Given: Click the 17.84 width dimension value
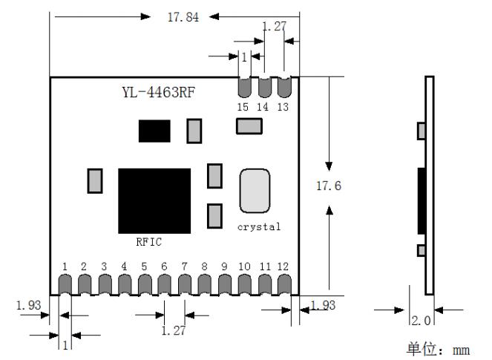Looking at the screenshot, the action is (183, 17).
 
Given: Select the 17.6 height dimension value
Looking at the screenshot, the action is (329, 186).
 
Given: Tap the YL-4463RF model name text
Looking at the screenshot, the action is (159, 92).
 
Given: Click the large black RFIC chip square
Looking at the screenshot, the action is (154, 201).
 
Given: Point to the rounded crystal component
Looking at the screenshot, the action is (255, 191).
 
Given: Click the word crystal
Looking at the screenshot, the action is (259, 227).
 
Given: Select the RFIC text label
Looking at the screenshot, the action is (148, 242).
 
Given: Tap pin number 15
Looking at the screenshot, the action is (243, 107).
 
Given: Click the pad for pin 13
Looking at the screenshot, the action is (284, 87).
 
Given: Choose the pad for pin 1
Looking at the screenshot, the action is (65, 284).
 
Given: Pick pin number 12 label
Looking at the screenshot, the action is (283, 266).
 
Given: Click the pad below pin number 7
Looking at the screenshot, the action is (185, 284).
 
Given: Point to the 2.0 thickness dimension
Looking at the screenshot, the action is (422, 321).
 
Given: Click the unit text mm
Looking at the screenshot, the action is (462, 350).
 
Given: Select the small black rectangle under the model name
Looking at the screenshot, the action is (154, 131).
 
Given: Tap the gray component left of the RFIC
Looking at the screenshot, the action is (95, 181).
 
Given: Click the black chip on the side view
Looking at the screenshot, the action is (422, 201).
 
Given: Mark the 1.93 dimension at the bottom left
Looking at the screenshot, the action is (28, 305).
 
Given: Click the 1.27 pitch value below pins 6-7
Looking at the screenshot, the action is (174, 330).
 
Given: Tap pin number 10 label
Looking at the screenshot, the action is (244, 266).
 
